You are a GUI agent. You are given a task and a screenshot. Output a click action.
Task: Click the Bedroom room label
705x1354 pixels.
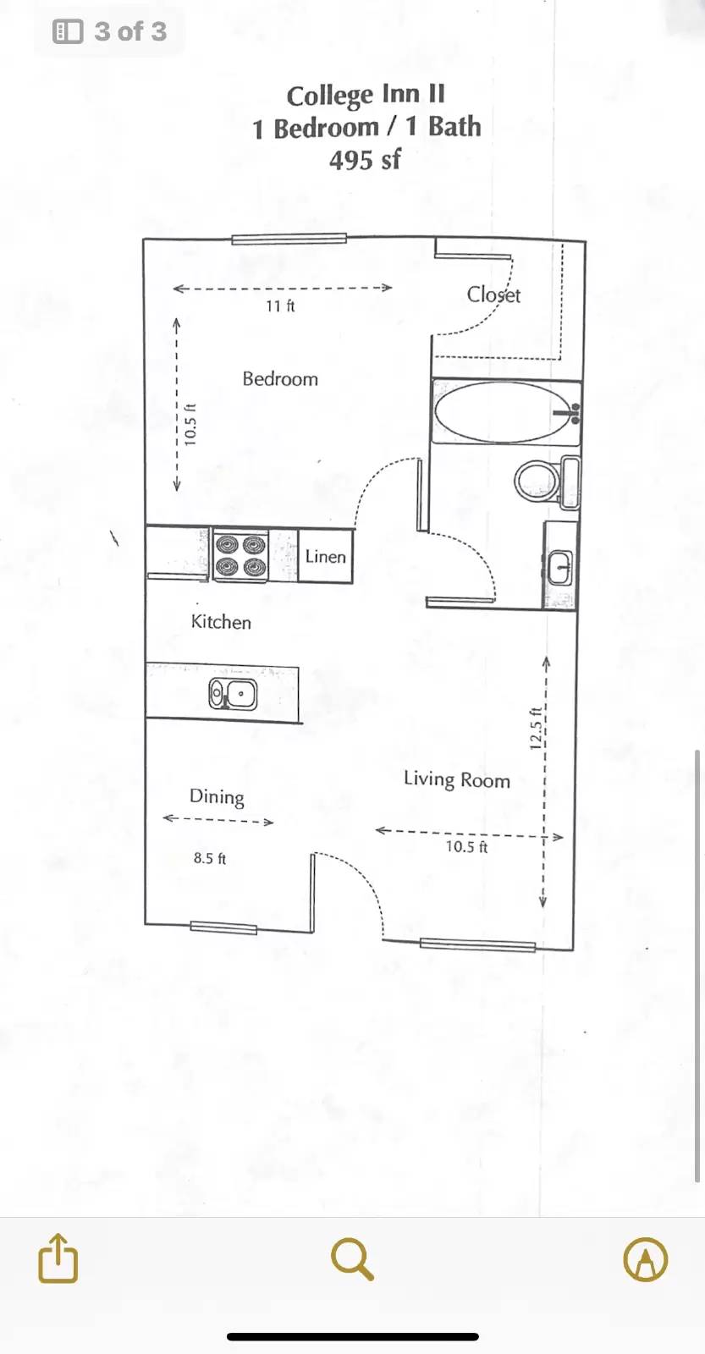coord(280,379)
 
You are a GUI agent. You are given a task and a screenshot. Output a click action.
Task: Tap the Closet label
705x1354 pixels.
coord(493,294)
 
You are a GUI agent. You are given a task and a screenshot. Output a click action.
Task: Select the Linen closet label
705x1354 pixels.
coord(325,556)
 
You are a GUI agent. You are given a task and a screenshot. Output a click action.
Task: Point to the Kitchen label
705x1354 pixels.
coord(221,622)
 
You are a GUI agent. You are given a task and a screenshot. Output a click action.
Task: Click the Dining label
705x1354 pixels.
coord(217,796)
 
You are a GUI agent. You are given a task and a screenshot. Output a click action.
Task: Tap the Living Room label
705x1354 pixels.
coord(457,779)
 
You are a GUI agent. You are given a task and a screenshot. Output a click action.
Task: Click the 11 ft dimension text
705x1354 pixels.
coord(280,306)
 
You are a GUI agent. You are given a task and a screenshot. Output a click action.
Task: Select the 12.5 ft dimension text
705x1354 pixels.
coord(535,728)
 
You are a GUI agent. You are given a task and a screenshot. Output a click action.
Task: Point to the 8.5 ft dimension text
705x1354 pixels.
coord(210,858)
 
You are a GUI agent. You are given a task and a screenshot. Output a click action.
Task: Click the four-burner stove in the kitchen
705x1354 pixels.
coord(240,555)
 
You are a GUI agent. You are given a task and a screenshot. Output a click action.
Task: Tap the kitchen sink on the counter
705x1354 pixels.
coord(233,694)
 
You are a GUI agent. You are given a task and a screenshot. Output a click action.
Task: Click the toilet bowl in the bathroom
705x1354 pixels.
coord(537,482)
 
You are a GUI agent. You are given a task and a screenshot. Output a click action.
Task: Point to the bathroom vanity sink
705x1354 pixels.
coord(560,567)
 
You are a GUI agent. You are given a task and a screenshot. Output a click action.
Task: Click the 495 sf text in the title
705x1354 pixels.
coord(365,160)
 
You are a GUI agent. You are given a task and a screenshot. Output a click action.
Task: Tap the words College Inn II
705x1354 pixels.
coord(366,95)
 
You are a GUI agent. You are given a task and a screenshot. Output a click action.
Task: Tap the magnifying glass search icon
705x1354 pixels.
coord(352,1258)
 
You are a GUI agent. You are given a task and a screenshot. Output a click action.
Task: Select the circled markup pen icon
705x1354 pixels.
coord(646,1259)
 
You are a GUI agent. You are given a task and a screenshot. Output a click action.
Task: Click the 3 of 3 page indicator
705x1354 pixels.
coord(109,31)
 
